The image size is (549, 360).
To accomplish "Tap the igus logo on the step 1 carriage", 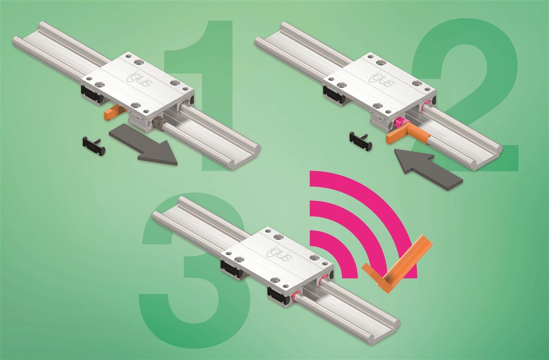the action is click(x=139, y=79).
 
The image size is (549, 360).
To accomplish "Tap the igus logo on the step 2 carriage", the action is click(x=382, y=79).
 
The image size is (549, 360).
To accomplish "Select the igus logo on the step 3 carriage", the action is click(x=279, y=254).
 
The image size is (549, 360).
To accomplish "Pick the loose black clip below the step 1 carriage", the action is click(x=94, y=146).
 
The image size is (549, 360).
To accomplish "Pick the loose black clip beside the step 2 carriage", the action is click(x=362, y=141).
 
